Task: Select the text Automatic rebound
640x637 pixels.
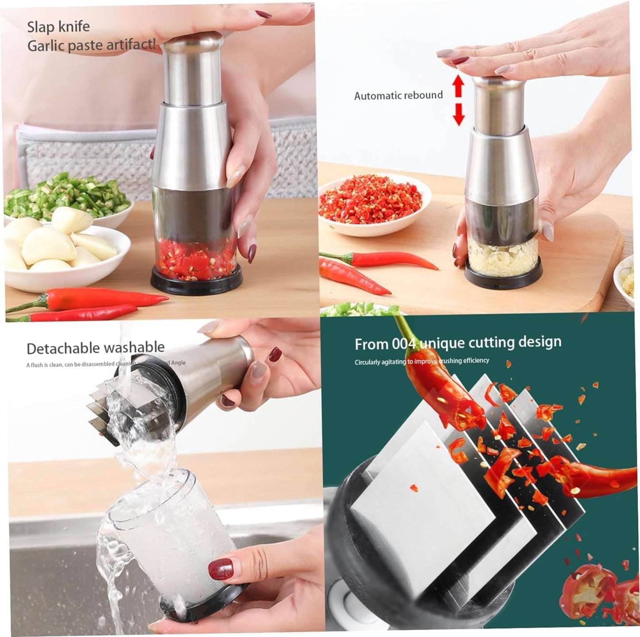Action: tap(398, 95)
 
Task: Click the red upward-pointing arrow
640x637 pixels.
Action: tap(458, 85)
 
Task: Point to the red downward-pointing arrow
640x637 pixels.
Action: tap(458, 114)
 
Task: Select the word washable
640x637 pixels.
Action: tap(137, 347)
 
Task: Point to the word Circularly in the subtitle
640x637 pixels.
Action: tap(367, 362)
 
